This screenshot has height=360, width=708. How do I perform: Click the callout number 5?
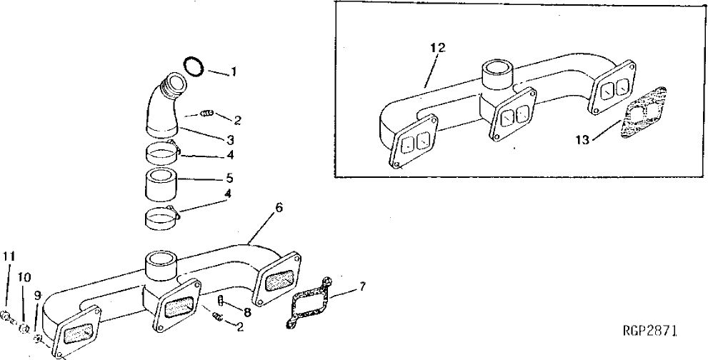(229, 178)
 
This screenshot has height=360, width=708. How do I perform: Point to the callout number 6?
(279, 207)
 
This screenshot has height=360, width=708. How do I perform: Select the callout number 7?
(363, 288)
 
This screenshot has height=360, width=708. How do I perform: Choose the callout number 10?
(23, 276)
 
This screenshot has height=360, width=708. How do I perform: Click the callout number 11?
(8, 256)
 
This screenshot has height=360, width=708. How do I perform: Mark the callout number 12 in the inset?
(437, 47)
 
